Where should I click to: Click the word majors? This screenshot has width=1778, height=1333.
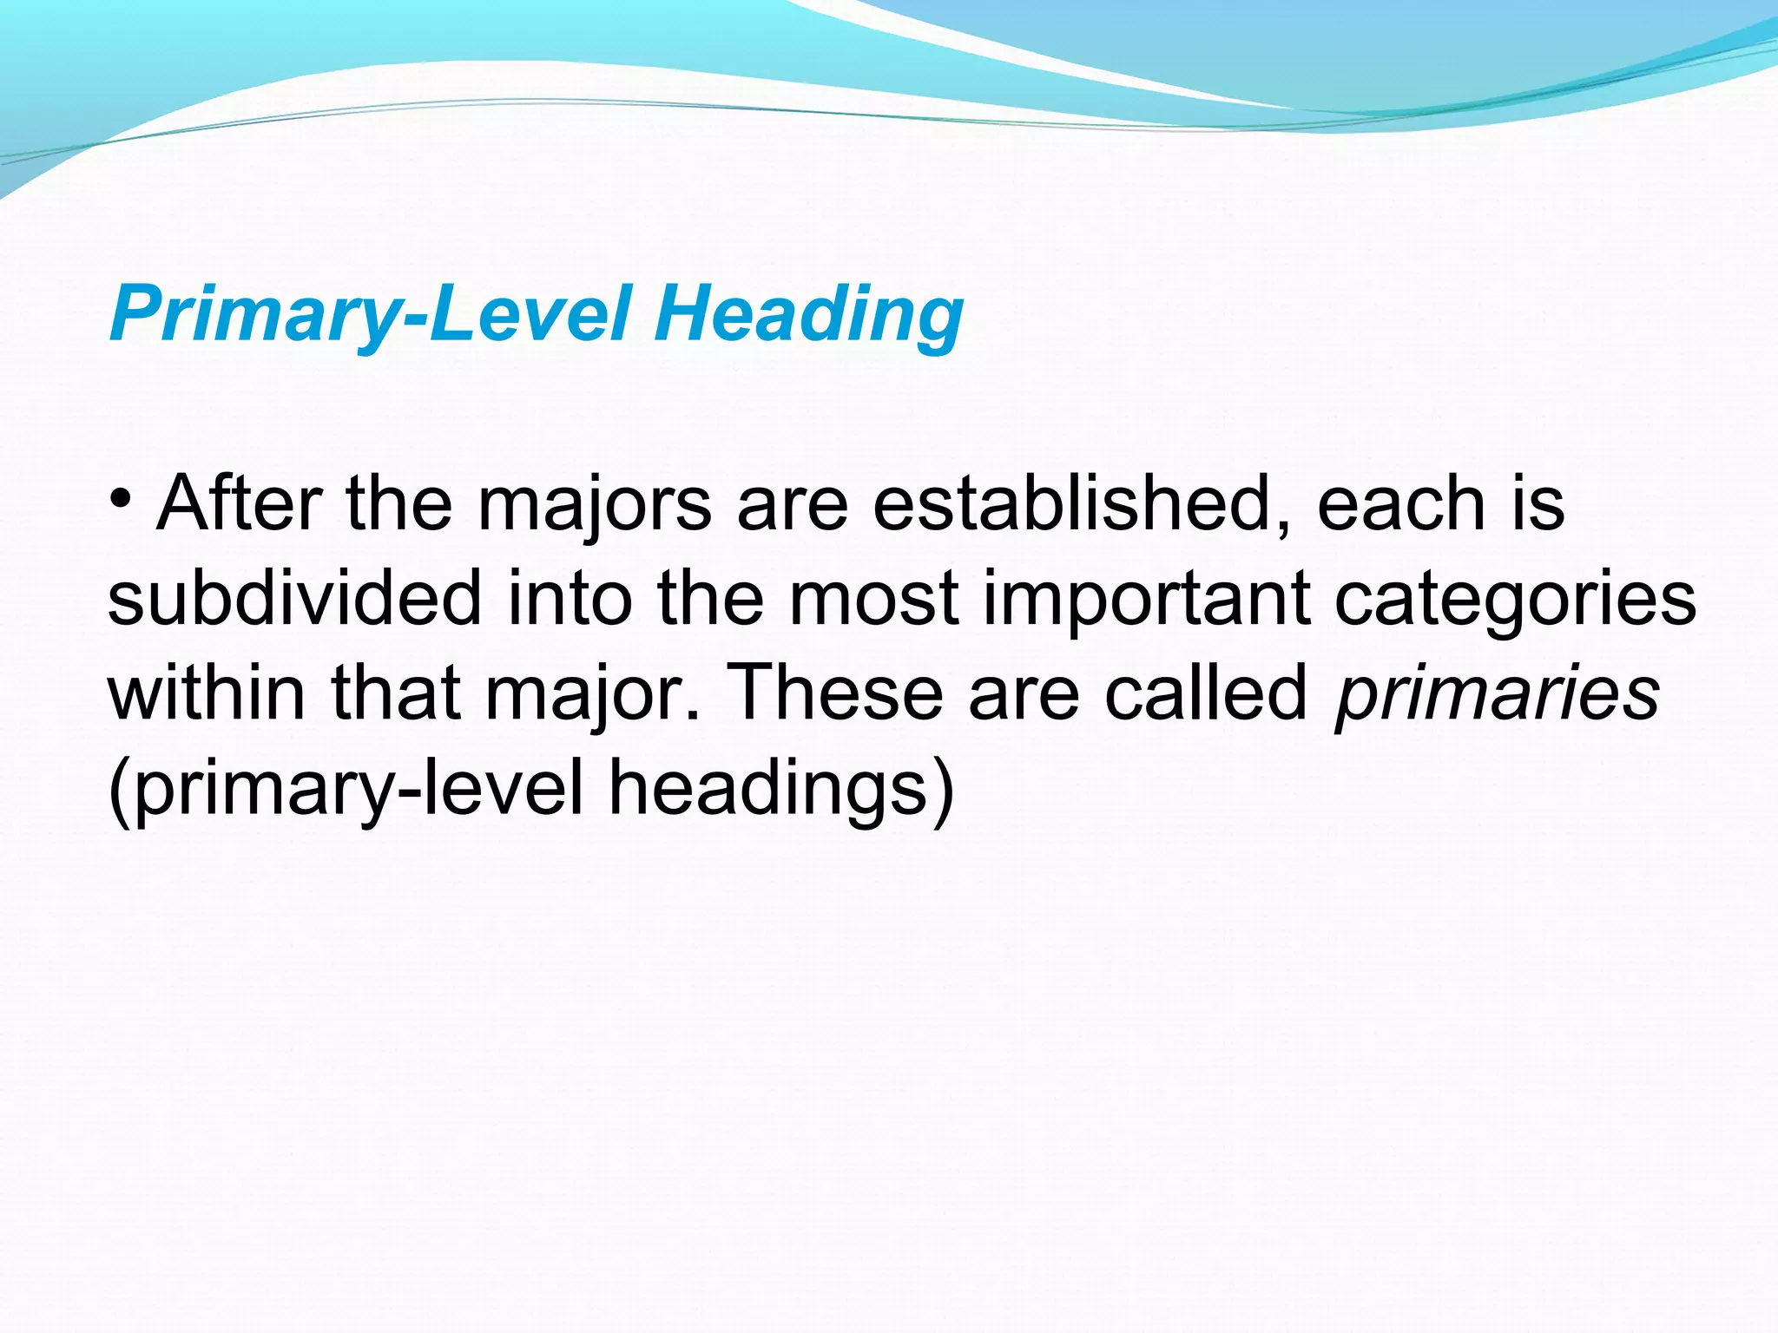point(595,505)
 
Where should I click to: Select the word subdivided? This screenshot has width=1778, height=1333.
point(295,599)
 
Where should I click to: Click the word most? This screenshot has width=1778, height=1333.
point(873,599)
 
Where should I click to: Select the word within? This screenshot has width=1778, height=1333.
point(207,693)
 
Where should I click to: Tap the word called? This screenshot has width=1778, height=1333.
point(1207,693)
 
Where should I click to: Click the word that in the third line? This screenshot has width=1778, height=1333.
point(396,693)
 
